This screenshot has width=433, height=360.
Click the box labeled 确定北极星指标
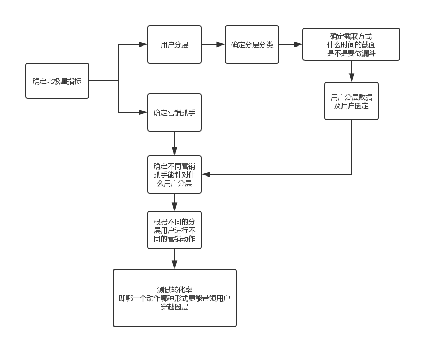click(x=57, y=81)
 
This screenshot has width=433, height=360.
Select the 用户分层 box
click(x=174, y=44)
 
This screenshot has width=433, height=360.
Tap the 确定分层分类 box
click(x=252, y=44)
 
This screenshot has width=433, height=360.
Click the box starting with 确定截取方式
click(x=351, y=44)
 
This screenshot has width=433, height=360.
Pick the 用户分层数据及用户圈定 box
click(x=352, y=101)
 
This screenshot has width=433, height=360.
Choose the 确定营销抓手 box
click(x=174, y=112)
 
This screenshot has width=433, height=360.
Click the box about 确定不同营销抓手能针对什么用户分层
click(x=174, y=174)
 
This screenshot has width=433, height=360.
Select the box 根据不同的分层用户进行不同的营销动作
click(x=174, y=230)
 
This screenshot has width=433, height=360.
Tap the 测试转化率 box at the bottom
click(x=174, y=298)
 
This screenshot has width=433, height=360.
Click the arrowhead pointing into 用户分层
click(x=143, y=44)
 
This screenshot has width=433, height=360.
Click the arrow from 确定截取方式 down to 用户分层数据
click(x=352, y=72)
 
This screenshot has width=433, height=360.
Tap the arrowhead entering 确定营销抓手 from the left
click(x=143, y=112)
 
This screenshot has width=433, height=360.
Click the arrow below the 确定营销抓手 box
click(x=174, y=143)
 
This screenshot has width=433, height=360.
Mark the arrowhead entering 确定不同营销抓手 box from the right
click(x=207, y=174)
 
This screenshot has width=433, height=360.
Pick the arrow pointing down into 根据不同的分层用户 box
click(x=174, y=203)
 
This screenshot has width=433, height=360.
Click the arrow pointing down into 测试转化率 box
click(x=174, y=259)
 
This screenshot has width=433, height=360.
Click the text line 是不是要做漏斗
click(x=351, y=53)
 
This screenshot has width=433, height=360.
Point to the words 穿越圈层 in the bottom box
click(x=174, y=307)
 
